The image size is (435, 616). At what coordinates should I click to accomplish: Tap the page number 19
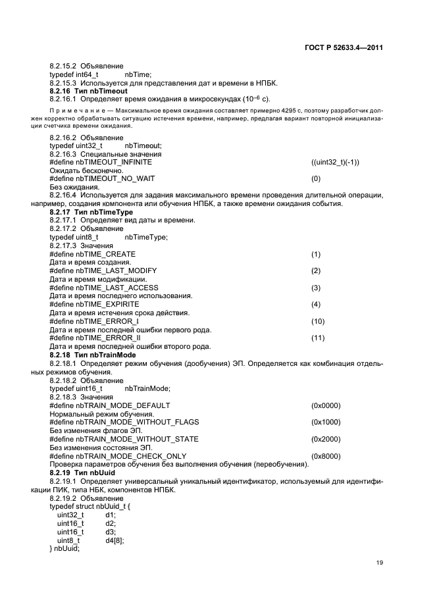pos(380,562)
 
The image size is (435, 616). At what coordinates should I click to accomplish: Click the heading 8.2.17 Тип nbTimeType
pos(91,213)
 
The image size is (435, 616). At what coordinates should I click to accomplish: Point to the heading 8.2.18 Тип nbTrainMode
pos(92,355)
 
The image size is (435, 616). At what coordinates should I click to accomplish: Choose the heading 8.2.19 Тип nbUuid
pos(84,473)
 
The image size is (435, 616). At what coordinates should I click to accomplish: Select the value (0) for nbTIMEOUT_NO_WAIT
pos(316,178)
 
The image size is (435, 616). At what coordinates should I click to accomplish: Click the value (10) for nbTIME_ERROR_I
pos(318,321)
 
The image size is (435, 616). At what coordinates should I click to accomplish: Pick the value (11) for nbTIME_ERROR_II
pos(318,338)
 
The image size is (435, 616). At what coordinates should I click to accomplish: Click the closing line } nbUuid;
pos(64,548)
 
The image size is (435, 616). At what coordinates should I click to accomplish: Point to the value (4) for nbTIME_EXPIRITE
pos(316,304)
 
